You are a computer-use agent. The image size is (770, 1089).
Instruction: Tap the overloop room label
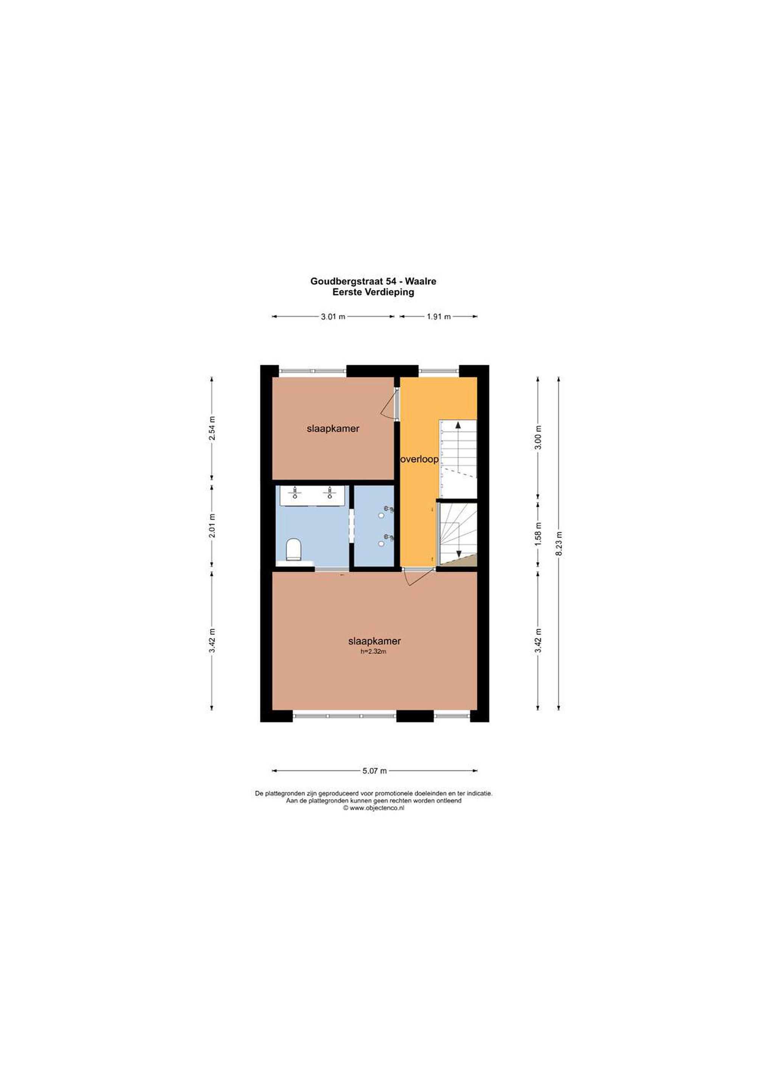pos(419,459)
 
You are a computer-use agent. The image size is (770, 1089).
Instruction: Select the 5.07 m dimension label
pos(375,771)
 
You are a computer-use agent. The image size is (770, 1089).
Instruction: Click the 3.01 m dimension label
pos(333,317)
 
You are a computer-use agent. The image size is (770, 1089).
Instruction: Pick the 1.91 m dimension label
pos(438,317)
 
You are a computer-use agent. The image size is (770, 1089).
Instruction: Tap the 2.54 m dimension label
pos(212,428)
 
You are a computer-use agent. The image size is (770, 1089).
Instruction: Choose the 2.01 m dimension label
pos(212,526)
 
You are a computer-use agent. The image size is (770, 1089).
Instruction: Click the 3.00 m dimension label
pos(538,438)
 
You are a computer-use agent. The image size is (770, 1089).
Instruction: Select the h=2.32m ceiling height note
pos(373,652)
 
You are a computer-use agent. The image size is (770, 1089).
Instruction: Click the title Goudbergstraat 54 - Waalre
pos(373,281)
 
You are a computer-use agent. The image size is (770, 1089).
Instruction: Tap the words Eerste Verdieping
pos(373,292)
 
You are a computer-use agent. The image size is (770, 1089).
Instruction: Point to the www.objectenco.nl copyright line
pos(374,808)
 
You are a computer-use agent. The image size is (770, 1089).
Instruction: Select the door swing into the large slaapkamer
pos(418,577)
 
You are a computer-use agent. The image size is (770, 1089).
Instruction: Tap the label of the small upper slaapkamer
pos(333,429)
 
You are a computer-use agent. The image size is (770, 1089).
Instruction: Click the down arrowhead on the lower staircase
pos(459,554)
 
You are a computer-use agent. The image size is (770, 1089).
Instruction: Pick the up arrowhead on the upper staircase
pos(458,425)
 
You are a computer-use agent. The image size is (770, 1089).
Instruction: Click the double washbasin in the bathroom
pos(312,495)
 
